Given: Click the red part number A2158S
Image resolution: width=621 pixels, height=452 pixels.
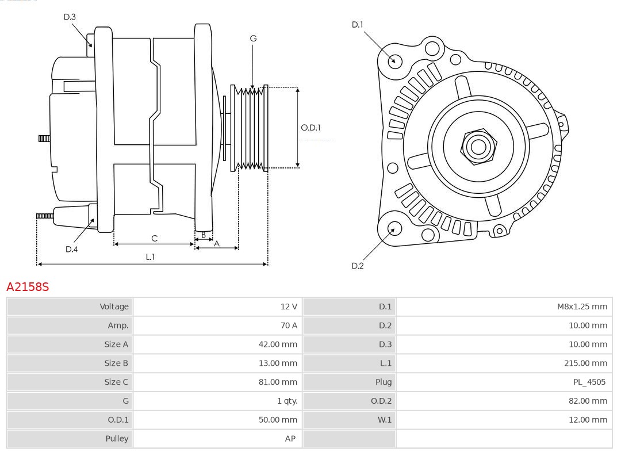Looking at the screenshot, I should pyautogui.click(x=28, y=286).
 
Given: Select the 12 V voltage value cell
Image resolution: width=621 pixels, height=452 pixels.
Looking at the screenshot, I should pyautogui.click(x=289, y=307).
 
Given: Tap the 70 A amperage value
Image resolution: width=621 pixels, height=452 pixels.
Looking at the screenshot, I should pyautogui.click(x=289, y=325).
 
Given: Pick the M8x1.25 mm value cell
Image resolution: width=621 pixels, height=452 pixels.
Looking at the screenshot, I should pyautogui.click(x=581, y=307).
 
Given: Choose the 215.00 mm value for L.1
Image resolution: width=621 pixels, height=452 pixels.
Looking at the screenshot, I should pyautogui.click(x=585, y=363).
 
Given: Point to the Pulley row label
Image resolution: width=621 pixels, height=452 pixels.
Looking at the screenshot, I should pyautogui.click(x=117, y=438).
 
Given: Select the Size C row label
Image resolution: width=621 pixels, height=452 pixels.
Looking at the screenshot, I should pyautogui.click(x=116, y=382).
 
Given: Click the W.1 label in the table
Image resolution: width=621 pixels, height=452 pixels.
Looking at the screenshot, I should pyautogui.click(x=384, y=420).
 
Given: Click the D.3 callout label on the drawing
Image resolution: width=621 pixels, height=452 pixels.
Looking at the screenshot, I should pyautogui.click(x=70, y=17).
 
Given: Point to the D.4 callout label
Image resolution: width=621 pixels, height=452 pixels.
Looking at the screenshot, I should pyautogui.click(x=71, y=249).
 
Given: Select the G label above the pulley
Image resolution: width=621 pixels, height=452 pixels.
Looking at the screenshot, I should pyautogui.click(x=253, y=39).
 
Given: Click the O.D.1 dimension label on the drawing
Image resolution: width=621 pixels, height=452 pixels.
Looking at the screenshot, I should pyautogui.click(x=310, y=128).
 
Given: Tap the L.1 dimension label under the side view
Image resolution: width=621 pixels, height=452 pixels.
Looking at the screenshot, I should pyautogui.click(x=149, y=257).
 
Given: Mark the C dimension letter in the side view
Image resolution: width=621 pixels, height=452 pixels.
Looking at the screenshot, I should pyautogui.click(x=154, y=238).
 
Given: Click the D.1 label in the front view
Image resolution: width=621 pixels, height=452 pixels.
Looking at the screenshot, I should pyautogui.click(x=358, y=24).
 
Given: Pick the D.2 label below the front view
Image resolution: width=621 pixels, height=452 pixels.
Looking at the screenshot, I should pyautogui.click(x=358, y=266).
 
